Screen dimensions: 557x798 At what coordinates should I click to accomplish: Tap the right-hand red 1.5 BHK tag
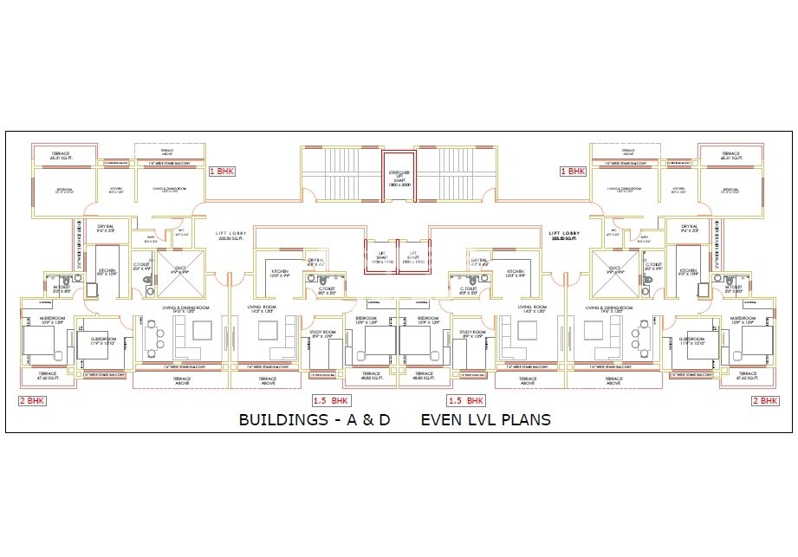465,401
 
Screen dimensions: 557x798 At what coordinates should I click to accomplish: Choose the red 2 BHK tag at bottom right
765,400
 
